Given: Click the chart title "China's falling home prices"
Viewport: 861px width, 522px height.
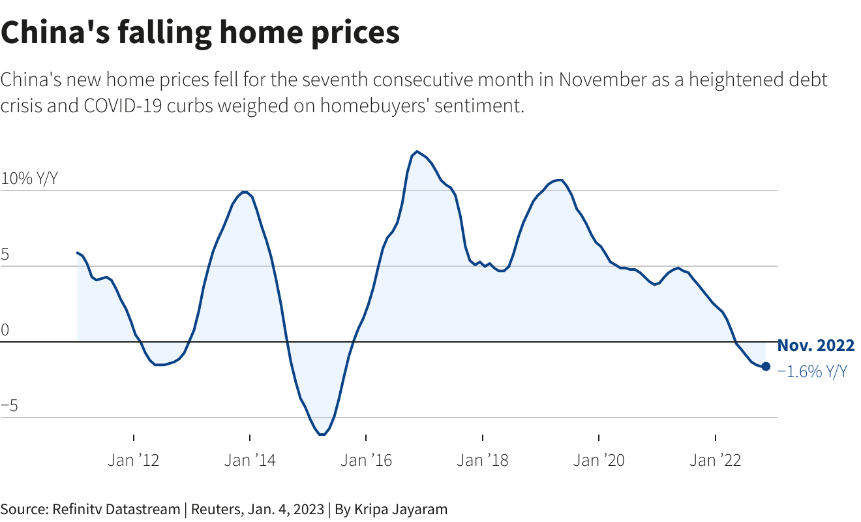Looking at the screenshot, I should tap(200, 33).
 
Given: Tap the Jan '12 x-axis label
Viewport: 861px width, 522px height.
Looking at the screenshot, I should tap(133, 460).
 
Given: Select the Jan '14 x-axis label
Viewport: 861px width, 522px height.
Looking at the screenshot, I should tap(250, 460).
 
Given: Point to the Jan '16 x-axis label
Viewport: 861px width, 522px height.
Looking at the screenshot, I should tap(366, 460).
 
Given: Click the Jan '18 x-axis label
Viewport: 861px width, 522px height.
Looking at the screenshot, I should tap(482, 460).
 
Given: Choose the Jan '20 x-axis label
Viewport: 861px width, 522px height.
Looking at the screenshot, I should tap(599, 460).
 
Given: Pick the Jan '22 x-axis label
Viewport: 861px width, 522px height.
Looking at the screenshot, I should tap(716, 460).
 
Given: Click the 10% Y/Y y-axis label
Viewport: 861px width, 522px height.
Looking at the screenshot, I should tap(29, 179).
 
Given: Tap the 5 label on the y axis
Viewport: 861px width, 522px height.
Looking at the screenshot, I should tap(5, 254).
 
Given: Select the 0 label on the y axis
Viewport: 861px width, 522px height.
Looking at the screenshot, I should tap(5, 330).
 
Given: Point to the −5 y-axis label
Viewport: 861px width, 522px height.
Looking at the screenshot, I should tap(9, 406).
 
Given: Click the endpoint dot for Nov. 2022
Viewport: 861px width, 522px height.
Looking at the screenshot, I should tap(766, 367).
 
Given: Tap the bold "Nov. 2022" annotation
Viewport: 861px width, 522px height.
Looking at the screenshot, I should tap(815, 346).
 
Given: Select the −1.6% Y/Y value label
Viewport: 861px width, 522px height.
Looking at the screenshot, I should tap(812, 372).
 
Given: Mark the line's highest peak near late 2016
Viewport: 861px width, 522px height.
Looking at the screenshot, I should tap(417, 151).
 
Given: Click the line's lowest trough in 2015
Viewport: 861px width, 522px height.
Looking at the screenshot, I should tap(322, 435).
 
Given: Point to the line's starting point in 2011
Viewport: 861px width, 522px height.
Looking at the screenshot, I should tap(78, 253).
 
